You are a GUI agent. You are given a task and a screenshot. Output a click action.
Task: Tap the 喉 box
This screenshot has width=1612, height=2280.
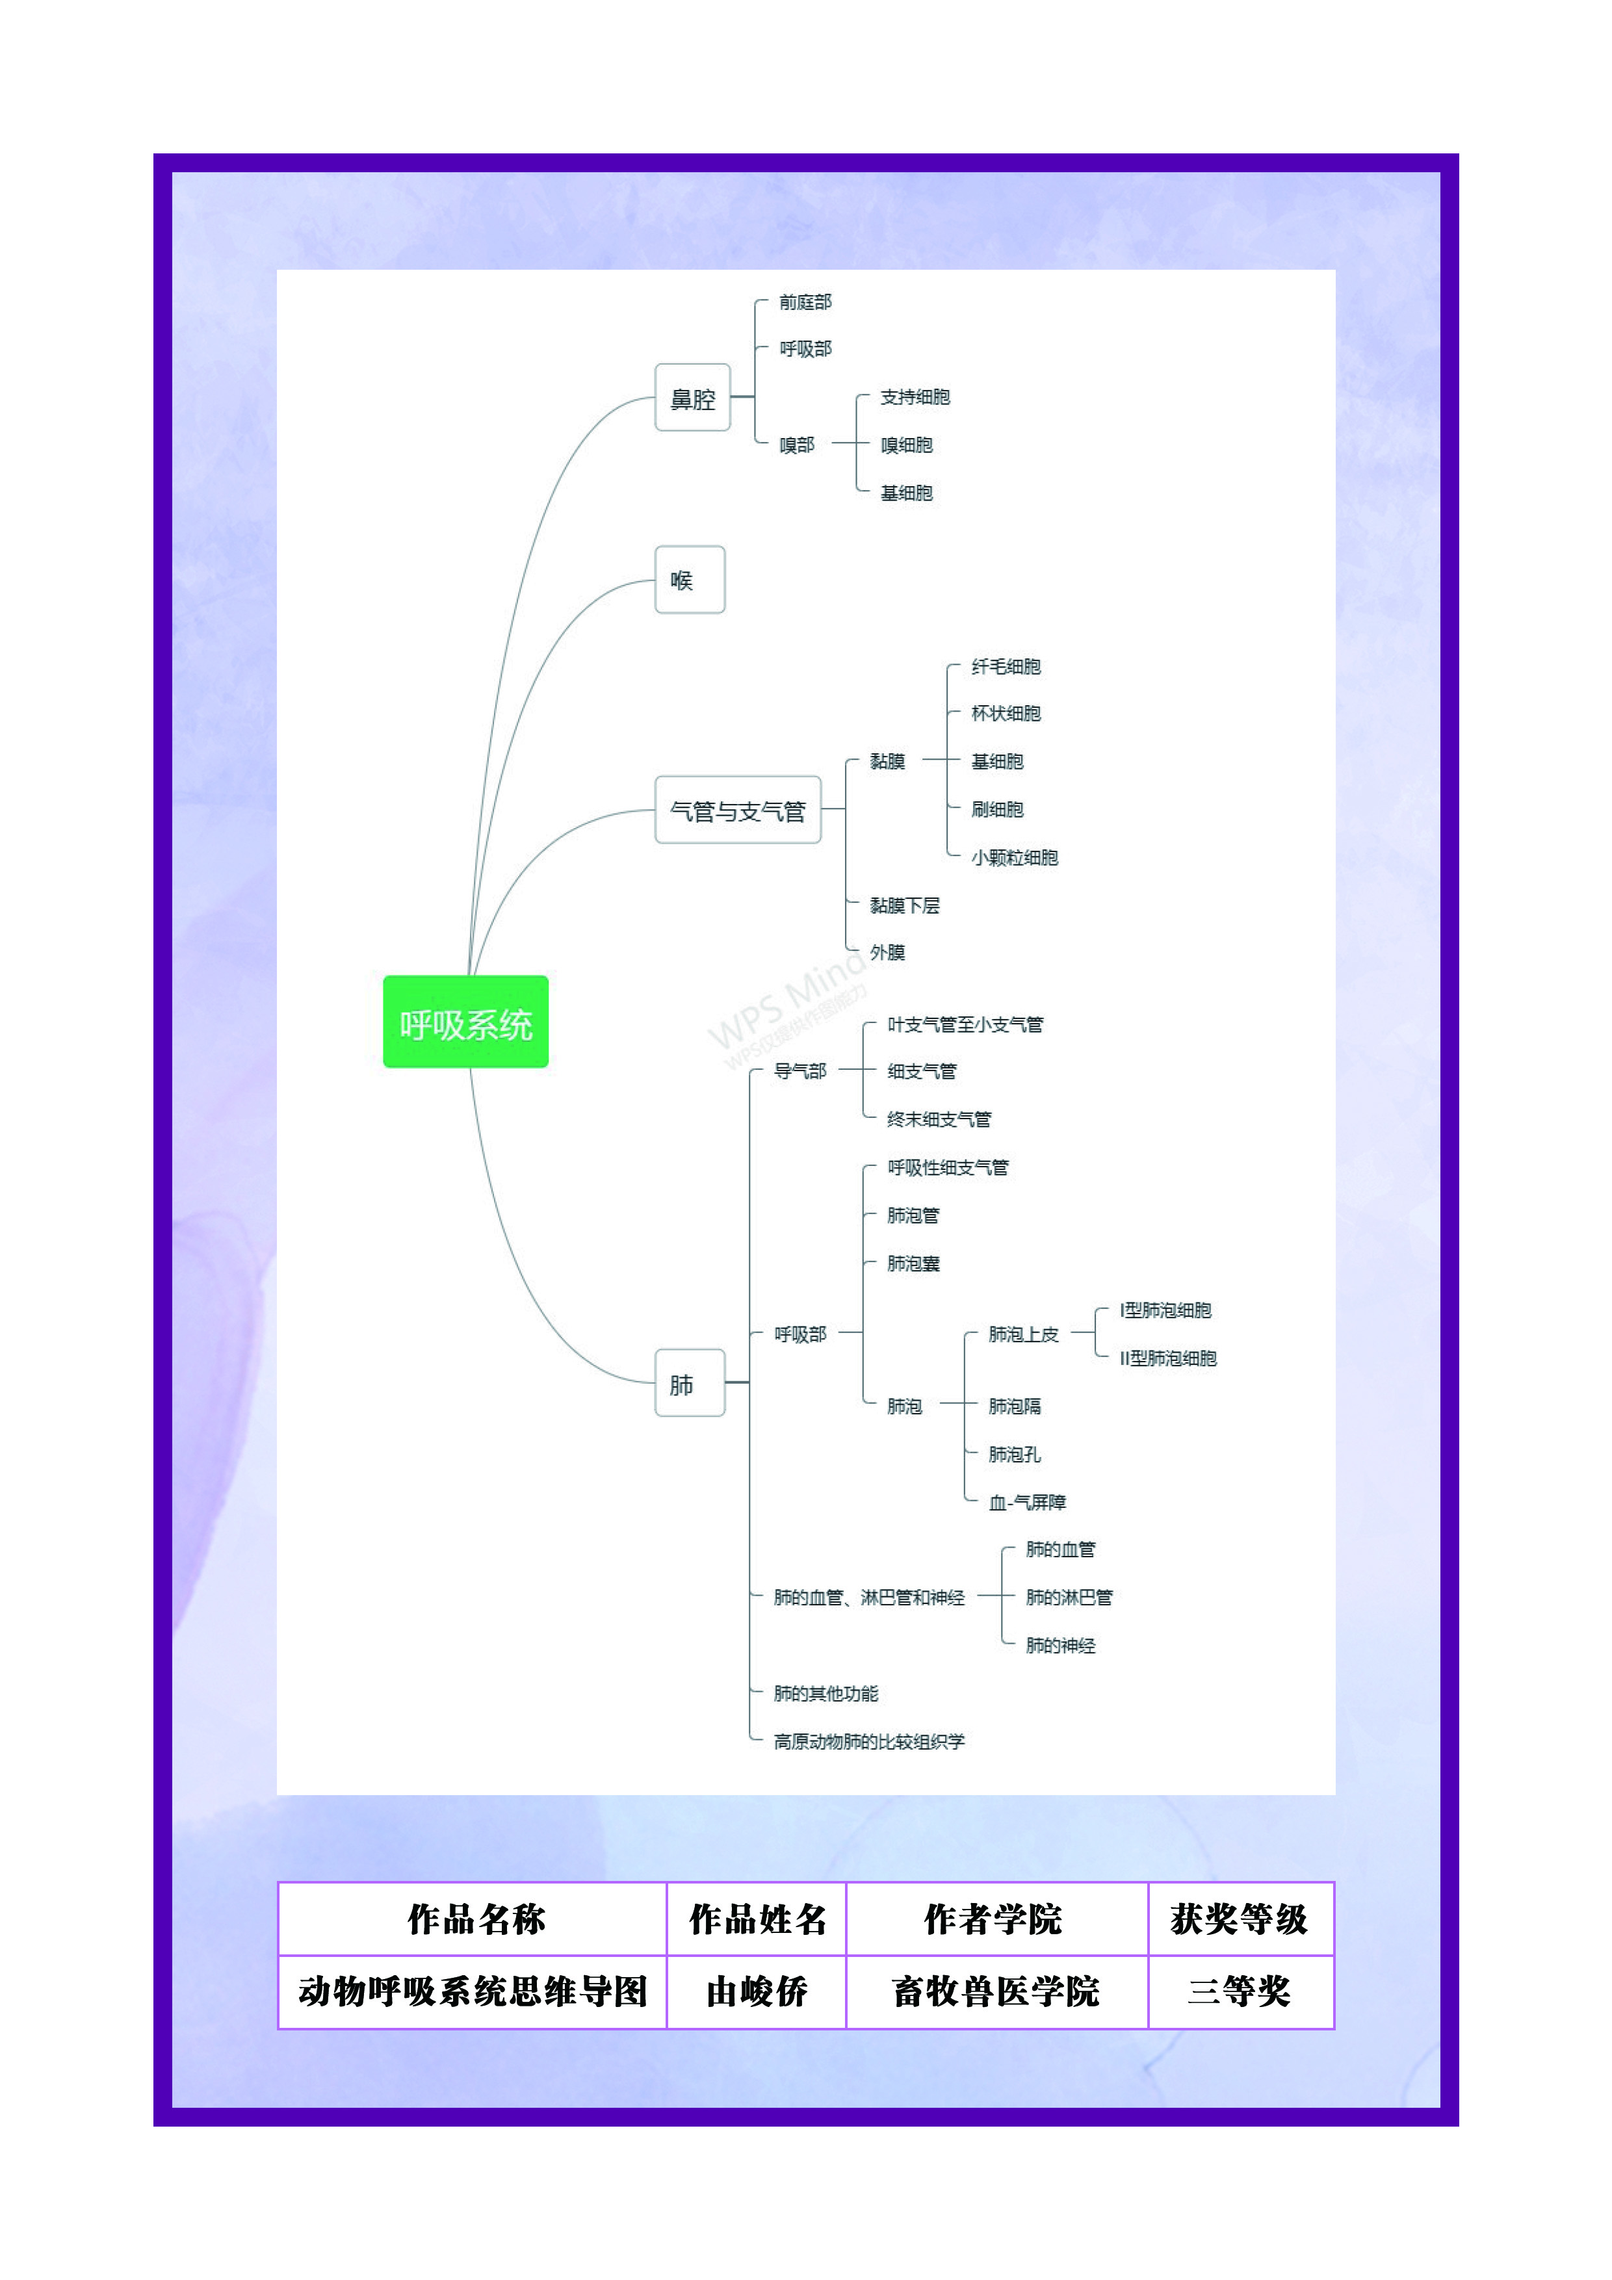tap(689, 580)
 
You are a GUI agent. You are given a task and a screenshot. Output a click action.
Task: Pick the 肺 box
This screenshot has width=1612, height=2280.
tap(689, 1383)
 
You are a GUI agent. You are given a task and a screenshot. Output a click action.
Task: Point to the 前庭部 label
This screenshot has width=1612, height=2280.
tap(805, 302)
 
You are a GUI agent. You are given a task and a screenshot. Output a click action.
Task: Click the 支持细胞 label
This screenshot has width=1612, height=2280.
tap(915, 397)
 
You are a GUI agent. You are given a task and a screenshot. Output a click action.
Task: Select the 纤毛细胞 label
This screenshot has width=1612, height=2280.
tap(1005, 666)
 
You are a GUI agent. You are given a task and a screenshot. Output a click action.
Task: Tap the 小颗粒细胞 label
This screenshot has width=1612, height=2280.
tap(1014, 857)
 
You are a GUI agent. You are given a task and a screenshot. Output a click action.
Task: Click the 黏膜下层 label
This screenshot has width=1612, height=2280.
tap(904, 905)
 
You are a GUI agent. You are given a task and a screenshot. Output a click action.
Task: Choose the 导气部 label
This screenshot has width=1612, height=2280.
tap(799, 1070)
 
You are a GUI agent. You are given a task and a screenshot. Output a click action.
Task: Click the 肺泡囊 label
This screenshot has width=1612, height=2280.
tap(913, 1263)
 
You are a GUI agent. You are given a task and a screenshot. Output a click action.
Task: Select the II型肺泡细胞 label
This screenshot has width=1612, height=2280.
tap(1168, 1358)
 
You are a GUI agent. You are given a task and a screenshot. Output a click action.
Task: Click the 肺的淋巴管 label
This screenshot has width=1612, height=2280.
tap(1069, 1597)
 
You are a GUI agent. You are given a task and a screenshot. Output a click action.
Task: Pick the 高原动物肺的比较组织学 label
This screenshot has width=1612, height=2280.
tap(869, 1741)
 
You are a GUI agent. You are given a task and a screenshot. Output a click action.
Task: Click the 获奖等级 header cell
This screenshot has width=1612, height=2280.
tap(1238, 1919)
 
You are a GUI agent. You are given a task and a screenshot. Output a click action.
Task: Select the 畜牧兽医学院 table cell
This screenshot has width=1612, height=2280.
tap(995, 1991)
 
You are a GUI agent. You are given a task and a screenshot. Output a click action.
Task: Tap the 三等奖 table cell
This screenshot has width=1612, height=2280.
tap(1238, 1991)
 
